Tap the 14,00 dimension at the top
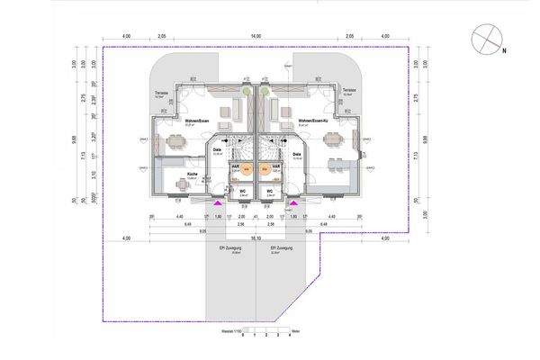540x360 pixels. tap(256, 35)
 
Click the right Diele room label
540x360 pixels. tap(296, 154)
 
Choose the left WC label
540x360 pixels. tap(241, 191)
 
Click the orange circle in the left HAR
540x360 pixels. tap(242, 175)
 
